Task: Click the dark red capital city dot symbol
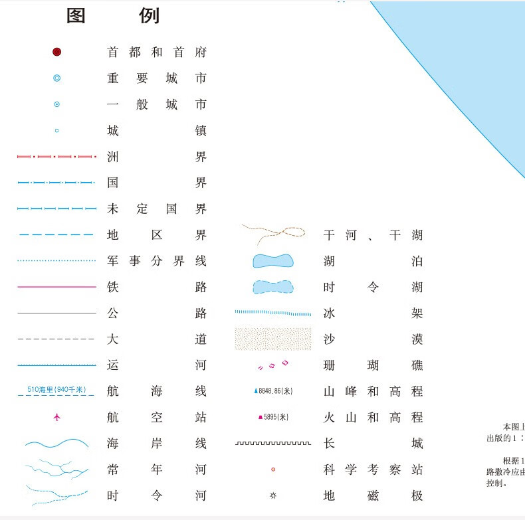tap(56, 52)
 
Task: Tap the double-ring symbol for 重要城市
tap(56, 78)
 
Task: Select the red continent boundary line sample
tap(56, 157)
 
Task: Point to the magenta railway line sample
tap(56, 287)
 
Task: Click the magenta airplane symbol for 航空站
tap(56, 417)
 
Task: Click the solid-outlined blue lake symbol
tap(272, 261)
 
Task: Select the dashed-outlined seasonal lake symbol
tap(272, 287)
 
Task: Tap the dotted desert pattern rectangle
tap(272, 339)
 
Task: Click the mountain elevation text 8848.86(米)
tap(276, 391)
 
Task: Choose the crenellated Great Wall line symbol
tap(272, 443)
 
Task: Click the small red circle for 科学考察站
tap(272, 470)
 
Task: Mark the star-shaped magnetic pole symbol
tap(272, 495)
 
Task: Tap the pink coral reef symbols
tap(272, 365)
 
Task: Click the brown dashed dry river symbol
tap(272, 232)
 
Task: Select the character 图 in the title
tap(76, 16)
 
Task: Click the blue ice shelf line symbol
tap(272, 312)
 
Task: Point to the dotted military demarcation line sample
tap(56, 261)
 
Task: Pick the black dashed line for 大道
tap(56, 339)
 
